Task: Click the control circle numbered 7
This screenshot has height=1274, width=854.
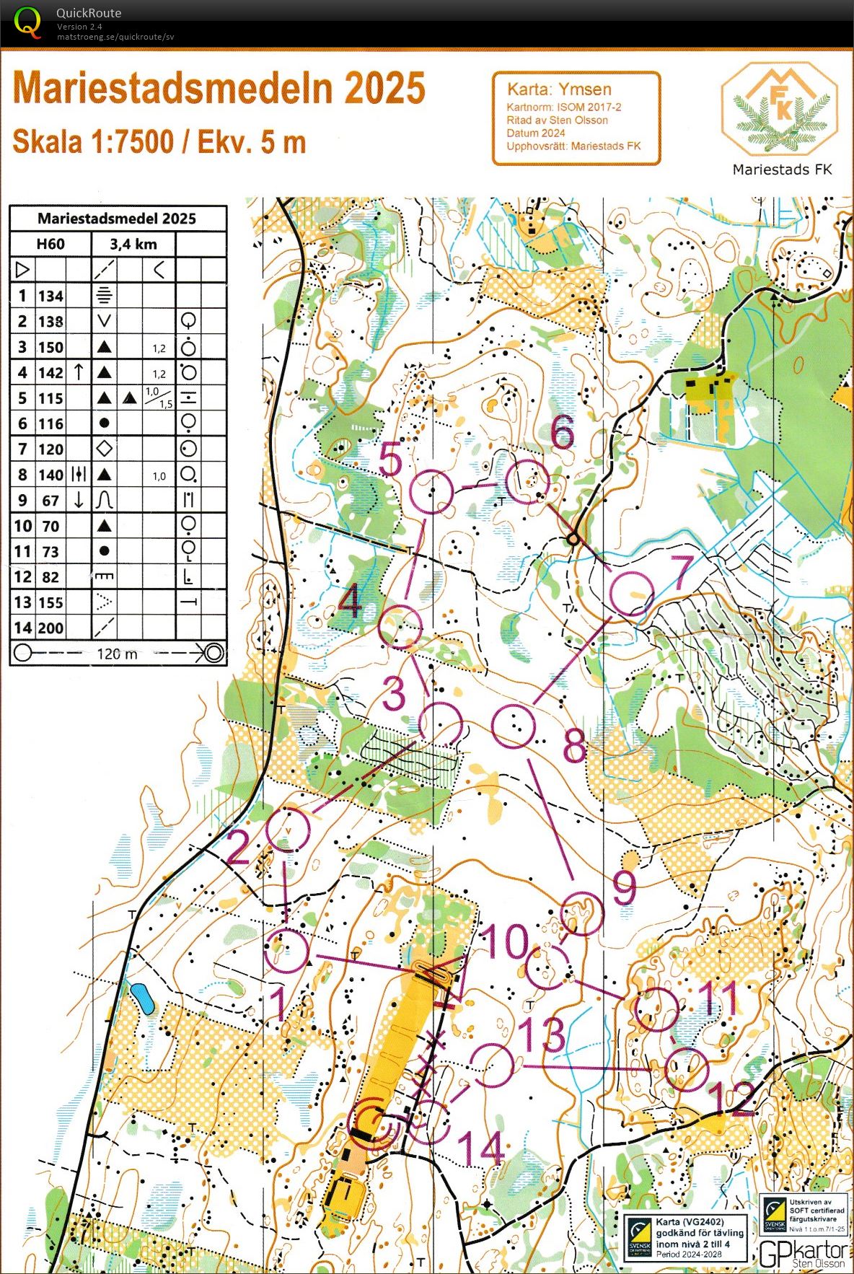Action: pyautogui.click(x=632, y=593)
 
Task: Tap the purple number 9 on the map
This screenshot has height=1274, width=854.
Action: pyautogui.click(x=624, y=888)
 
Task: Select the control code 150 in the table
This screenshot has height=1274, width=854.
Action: pyautogui.click(x=50, y=347)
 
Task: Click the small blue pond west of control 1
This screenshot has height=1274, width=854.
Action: pyautogui.click(x=142, y=998)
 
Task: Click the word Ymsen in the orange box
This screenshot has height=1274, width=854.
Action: pyautogui.click(x=585, y=89)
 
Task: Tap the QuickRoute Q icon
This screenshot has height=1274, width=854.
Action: pyautogui.click(x=27, y=22)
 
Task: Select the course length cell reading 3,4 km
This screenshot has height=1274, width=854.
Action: pyautogui.click(x=133, y=244)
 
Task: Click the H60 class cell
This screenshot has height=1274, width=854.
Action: pyautogui.click(x=50, y=244)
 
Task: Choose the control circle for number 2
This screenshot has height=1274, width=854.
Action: pyautogui.click(x=288, y=830)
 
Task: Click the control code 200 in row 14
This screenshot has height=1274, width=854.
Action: pyautogui.click(x=50, y=628)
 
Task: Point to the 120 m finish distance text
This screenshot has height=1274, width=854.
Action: pyautogui.click(x=117, y=654)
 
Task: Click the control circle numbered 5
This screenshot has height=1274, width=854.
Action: pyautogui.click(x=431, y=491)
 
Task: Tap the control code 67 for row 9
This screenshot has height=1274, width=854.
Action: pyautogui.click(x=50, y=501)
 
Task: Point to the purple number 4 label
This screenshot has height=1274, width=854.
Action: pyautogui.click(x=350, y=600)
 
